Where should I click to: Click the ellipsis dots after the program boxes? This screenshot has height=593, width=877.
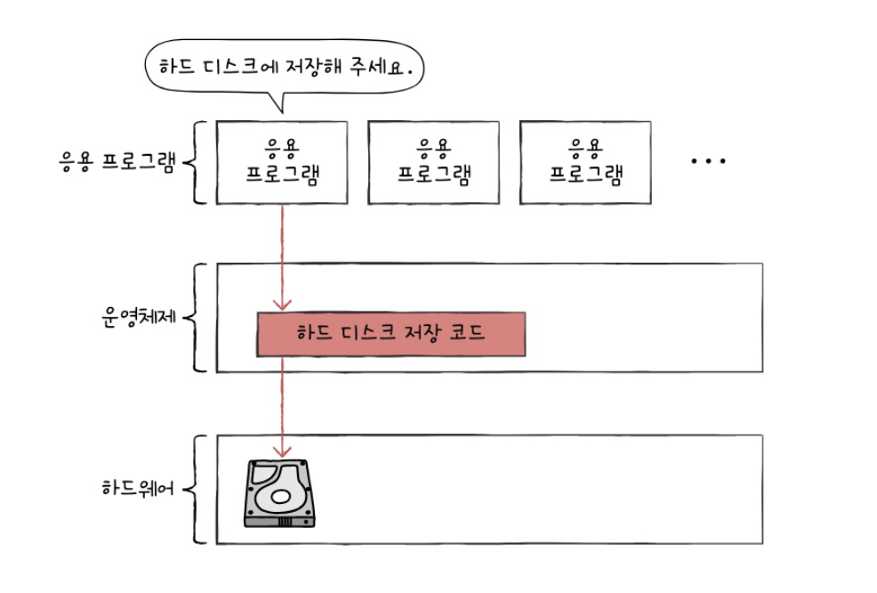(x=708, y=161)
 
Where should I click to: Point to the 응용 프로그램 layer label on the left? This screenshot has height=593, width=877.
(x=115, y=163)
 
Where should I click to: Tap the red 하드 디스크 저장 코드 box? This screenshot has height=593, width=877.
(x=391, y=334)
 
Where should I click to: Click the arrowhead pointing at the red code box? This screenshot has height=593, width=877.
(x=282, y=305)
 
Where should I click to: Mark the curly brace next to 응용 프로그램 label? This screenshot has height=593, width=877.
(x=199, y=163)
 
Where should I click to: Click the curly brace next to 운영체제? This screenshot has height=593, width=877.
(x=199, y=318)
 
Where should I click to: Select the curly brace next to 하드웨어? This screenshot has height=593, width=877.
(x=199, y=489)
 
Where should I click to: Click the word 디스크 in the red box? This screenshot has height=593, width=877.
(x=367, y=334)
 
